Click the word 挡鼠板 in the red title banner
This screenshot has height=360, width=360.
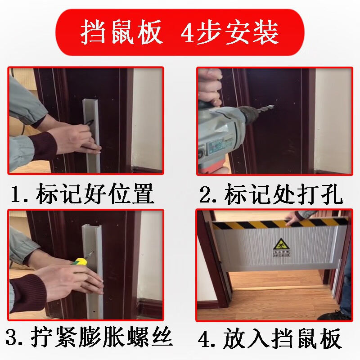pos(121,32)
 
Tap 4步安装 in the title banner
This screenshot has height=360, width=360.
pos(229,32)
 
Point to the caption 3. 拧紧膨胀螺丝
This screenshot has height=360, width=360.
pos(90,337)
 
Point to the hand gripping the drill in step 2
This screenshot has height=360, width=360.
pos(210,90)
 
